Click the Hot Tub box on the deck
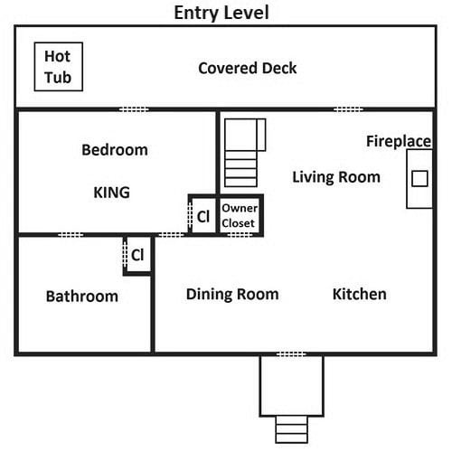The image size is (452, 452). pyautogui.click(x=59, y=67)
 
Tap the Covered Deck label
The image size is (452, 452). pyautogui.click(x=248, y=68)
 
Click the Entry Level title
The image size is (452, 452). pyautogui.click(x=221, y=13)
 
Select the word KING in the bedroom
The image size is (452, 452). pyautogui.click(x=112, y=193)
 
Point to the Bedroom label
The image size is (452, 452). pyautogui.click(x=115, y=150)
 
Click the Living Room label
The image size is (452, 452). pyautogui.click(x=336, y=177)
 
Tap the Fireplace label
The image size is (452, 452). pyautogui.click(x=399, y=141)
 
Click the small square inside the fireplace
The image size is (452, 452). pyautogui.click(x=419, y=178)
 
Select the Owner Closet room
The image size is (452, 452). pyautogui.click(x=240, y=215)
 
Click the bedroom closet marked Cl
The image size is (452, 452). pyautogui.click(x=202, y=215)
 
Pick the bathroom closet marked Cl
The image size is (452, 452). pyautogui.click(x=137, y=255)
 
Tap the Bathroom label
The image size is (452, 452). pyautogui.click(x=82, y=297)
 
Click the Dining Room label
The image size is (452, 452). pyautogui.click(x=232, y=294)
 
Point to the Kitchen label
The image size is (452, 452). pyautogui.click(x=360, y=294)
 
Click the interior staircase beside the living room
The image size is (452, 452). pyautogui.click(x=245, y=153)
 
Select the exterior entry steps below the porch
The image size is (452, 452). pyautogui.click(x=291, y=429)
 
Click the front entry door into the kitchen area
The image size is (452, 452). pyautogui.click(x=291, y=354)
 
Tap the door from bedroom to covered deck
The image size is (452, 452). pyautogui.click(x=134, y=109)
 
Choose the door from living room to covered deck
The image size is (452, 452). pyautogui.click(x=348, y=109)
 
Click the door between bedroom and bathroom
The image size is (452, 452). pyautogui.click(x=71, y=235)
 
